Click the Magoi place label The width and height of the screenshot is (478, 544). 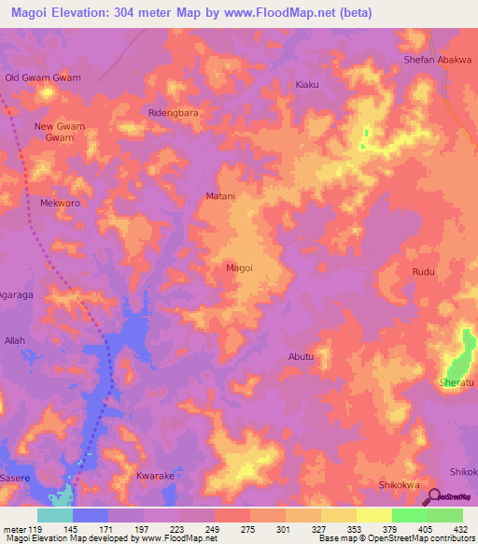pos(240,267)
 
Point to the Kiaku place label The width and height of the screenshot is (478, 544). pos(307,85)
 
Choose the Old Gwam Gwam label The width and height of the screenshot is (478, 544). pos(43,78)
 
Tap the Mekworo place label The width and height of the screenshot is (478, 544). pos(61,202)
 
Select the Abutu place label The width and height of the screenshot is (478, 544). pos(301,356)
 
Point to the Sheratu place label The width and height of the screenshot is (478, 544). pos(457,383)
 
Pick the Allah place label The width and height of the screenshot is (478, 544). pos(15,341)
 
